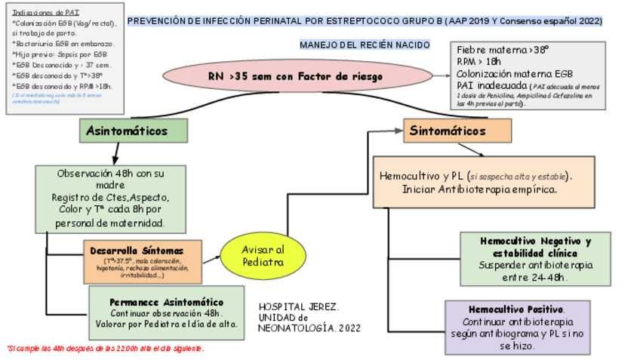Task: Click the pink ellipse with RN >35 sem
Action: click(x=295, y=77)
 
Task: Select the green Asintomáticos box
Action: click(x=134, y=131)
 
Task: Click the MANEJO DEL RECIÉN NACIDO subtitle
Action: click(x=365, y=45)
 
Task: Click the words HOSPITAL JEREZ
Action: click(x=299, y=308)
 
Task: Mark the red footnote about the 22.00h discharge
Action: click(x=105, y=349)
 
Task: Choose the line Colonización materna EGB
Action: click(x=509, y=73)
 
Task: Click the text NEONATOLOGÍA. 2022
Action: click(x=309, y=329)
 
